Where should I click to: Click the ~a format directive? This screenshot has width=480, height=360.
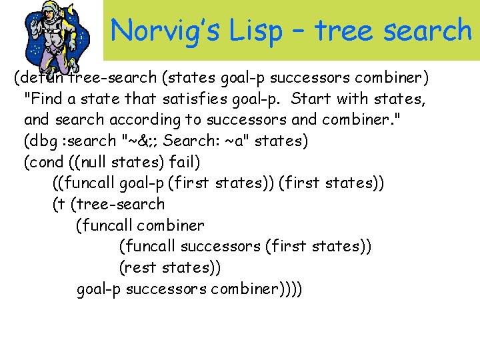click(231, 141)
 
